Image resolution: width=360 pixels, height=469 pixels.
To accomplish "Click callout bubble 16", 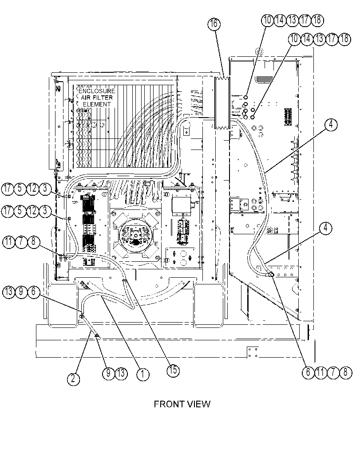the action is pyautogui.click(x=214, y=24).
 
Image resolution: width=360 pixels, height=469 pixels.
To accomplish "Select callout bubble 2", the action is pyautogui.click(x=73, y=379).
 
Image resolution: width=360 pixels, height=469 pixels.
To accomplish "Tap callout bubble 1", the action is pyautogui.click(x=143, y=374).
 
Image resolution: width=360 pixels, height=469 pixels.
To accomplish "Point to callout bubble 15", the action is pyautogui.click(x=173, y=370).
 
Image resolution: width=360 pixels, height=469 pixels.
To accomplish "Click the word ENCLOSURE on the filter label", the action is pyautogui.click(x=97, y=91).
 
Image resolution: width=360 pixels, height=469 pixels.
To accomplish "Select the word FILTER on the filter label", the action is pyautogui.click(x=103, y=98).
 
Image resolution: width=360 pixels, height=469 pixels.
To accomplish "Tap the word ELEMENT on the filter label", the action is pyautogui.click(x=97, y=104).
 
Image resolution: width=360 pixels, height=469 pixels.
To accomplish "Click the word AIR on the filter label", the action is pyautogui.click(x=86, y=98).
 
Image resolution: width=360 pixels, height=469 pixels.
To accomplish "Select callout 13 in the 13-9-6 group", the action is pyautogui.click(x=9, y=292).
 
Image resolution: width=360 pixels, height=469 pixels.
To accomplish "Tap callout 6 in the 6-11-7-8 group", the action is pyautogui.click(x=308, y=372).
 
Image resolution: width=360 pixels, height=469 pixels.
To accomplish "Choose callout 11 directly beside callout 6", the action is pyautogui.click(x=320, y=372).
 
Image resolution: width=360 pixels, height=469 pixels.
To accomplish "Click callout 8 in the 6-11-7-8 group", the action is pyautogui.click(x=346, y=372).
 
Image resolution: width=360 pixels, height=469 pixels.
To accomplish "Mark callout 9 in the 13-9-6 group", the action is pyautogui.click(x=21, y=292).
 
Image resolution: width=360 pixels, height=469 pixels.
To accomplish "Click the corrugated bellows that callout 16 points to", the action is pyautogui.click(x=222, y=103).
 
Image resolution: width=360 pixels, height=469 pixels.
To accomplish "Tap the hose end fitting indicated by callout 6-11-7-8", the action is pyautogui.click(x=270, y=274).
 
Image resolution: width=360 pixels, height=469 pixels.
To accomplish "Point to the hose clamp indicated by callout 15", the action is pyautogui.click(x=125, y=280).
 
